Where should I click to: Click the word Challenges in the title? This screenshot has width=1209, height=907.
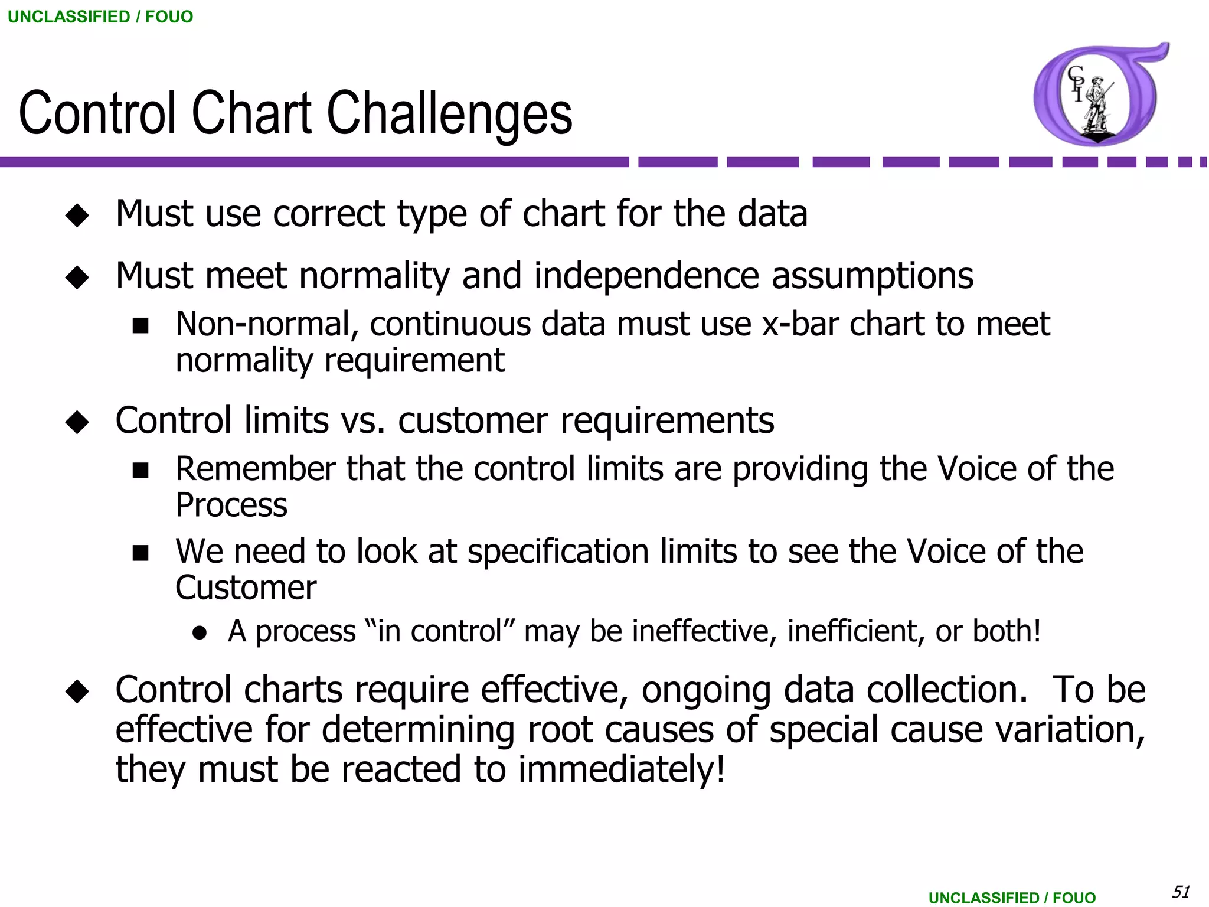coord(449,113)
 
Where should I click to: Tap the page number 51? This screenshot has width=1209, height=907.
coord(1180,891)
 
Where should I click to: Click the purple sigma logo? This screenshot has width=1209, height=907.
coord(1098,94)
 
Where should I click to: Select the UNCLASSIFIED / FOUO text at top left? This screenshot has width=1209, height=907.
coord(100,17)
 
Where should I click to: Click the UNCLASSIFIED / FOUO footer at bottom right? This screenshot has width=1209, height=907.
coord(1012,898)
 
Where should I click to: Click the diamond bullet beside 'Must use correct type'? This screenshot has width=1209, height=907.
coord(77,215)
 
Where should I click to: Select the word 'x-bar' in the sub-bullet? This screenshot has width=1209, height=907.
coord(799,324)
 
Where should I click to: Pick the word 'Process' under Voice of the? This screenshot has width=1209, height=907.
coord(231,505)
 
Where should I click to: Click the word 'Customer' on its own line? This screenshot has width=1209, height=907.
coord(246,588)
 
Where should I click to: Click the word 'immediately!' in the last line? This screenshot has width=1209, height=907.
coord(622,770)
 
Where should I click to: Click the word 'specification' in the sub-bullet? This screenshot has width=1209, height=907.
coord(558,552)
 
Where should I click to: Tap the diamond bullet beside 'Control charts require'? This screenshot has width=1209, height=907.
coord(77,691)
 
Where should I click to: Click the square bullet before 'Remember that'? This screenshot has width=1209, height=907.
coord(140,470)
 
